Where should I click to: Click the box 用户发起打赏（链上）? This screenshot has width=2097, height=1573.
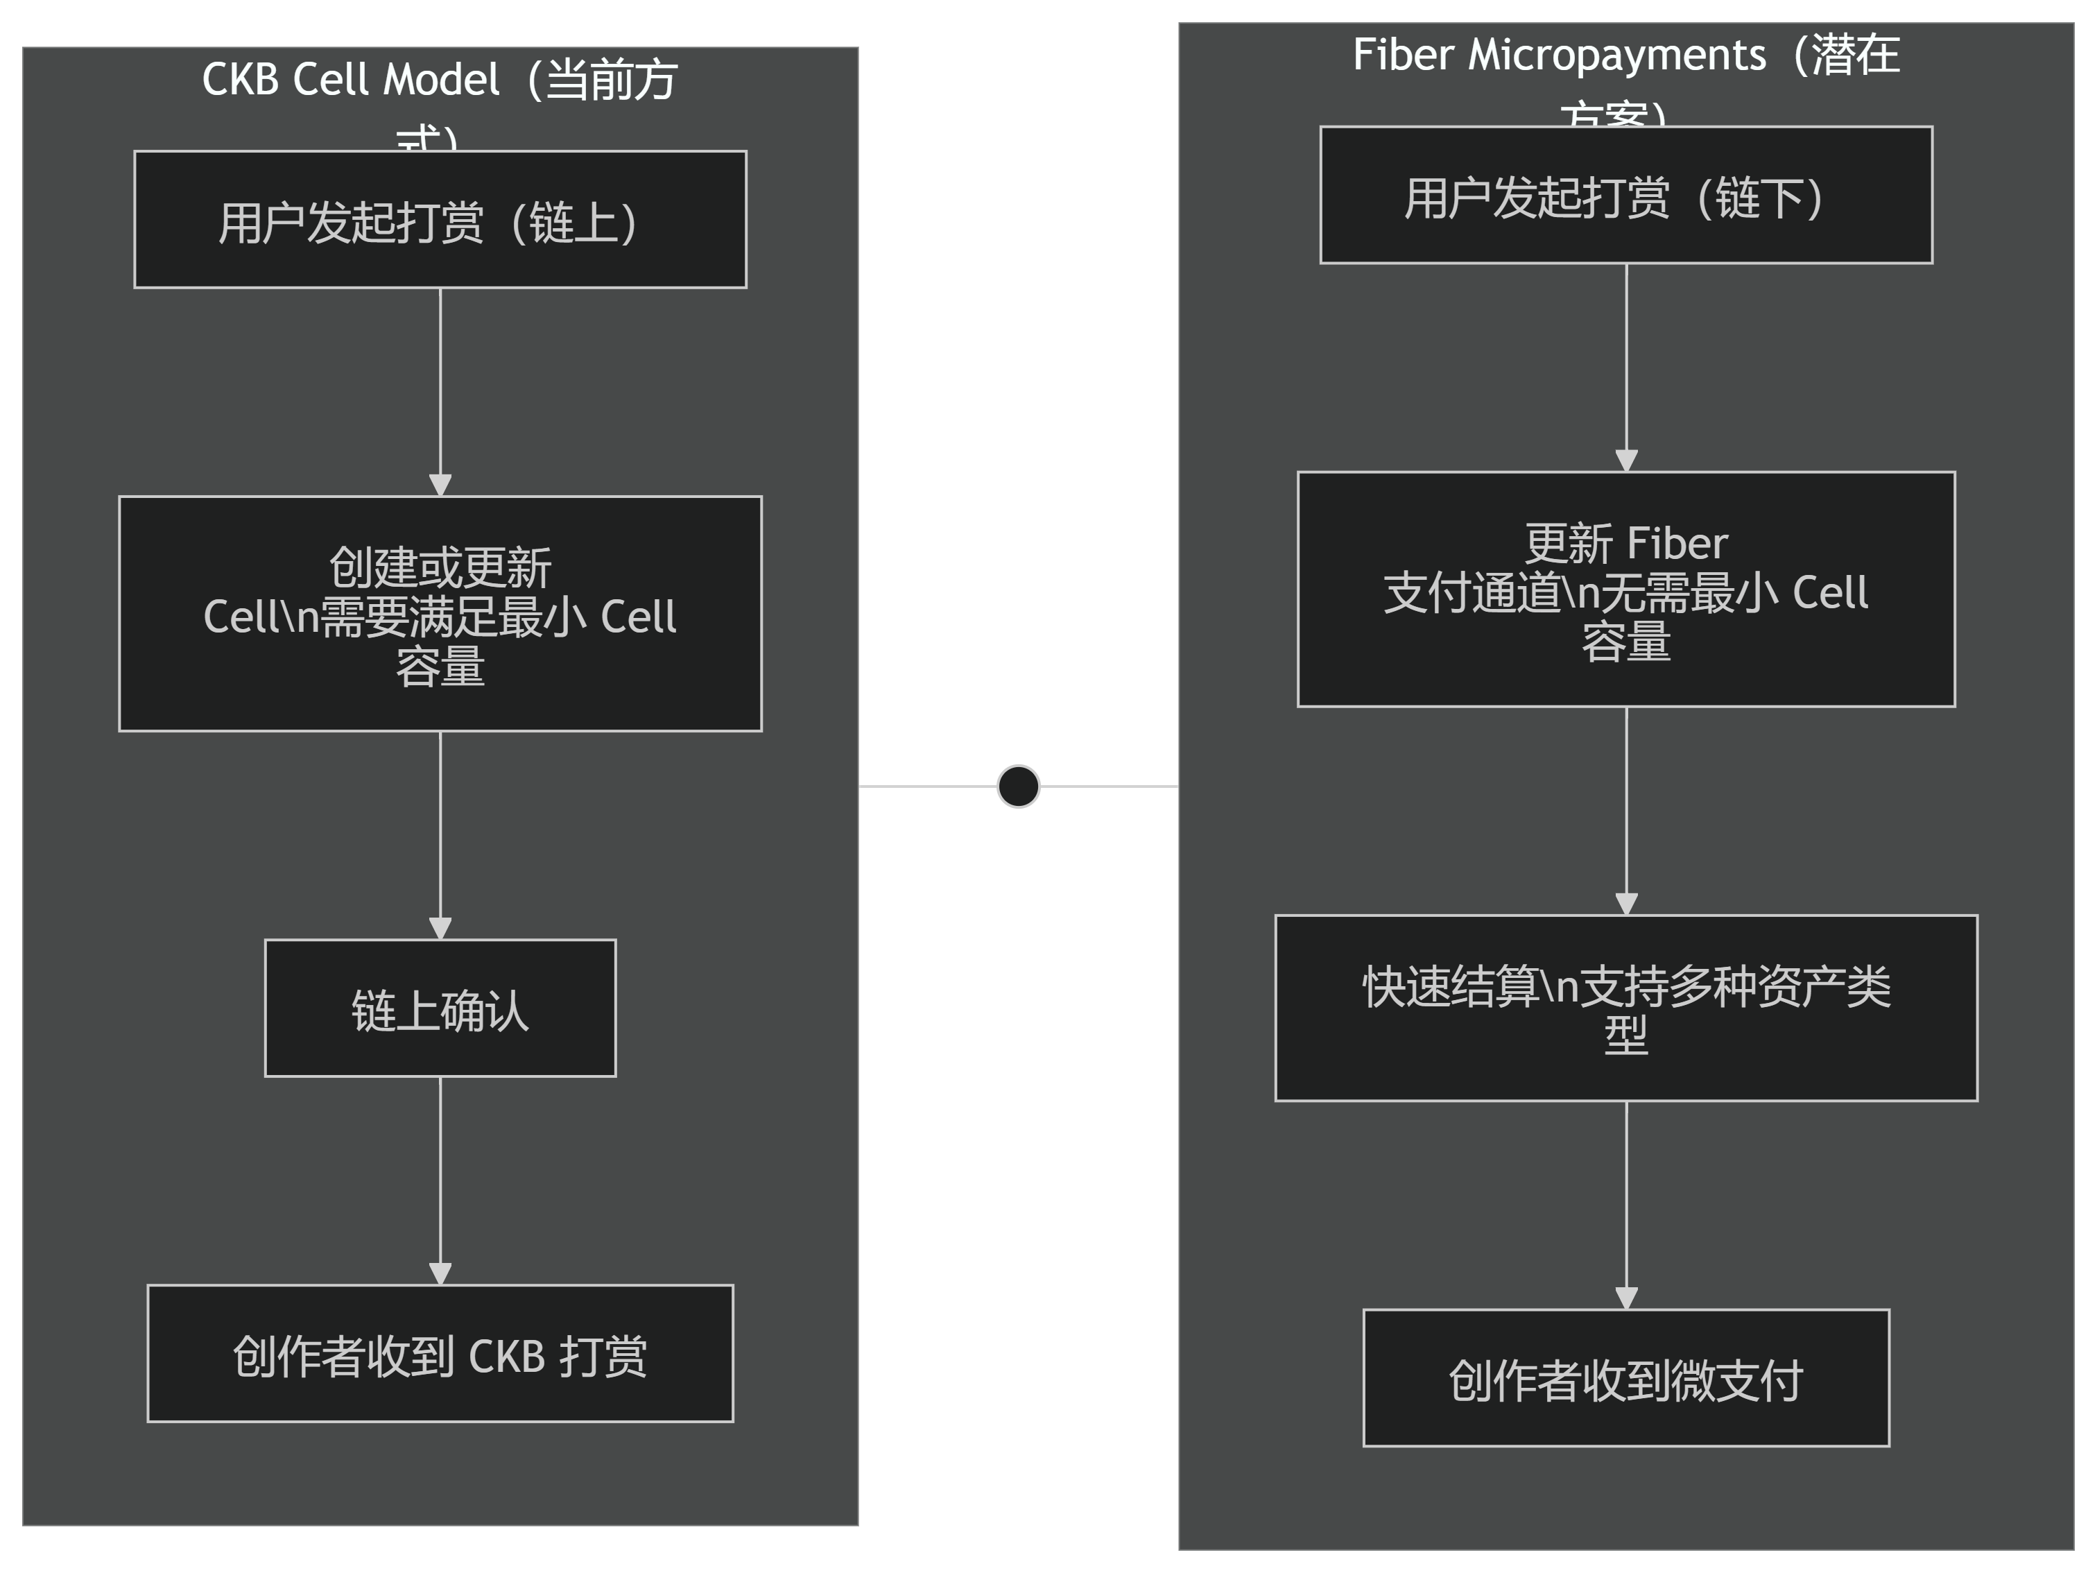coord(440,219)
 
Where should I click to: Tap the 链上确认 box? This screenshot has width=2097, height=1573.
coord(440,1008)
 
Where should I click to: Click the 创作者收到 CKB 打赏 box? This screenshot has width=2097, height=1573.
coord(440,1353)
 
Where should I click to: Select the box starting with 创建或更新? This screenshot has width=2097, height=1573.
coord(440,614)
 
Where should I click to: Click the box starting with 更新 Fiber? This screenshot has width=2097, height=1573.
coord(1626,589)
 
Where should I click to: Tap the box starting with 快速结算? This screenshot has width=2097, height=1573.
coord(1626,1008)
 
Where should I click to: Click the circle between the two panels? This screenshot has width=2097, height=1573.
coord(1018,786)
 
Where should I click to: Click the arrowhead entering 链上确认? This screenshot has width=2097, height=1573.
coord(440,928)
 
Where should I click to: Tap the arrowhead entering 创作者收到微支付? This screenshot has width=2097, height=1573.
coord(1626,1298)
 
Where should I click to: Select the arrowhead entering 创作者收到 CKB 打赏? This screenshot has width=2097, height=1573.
coord(440,1273)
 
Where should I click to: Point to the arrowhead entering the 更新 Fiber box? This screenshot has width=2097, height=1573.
coord(1626,460)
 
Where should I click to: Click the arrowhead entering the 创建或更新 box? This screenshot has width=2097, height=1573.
coord(440,485)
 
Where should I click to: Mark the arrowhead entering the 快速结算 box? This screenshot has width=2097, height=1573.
coord(1626,904)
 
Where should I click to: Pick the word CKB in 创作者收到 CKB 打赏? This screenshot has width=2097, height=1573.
coord(506,1356)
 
